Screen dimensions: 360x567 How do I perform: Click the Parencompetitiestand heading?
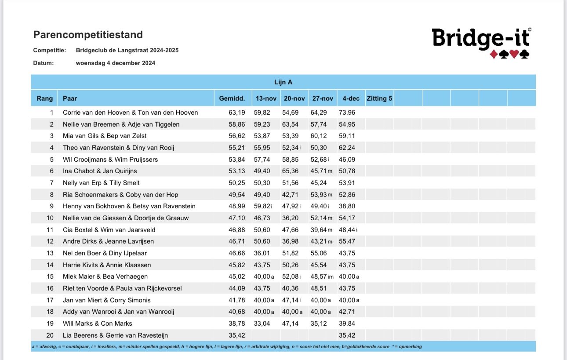pyautogui.click(x=88, y=35)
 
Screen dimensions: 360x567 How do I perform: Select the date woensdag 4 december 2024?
pyautogui.click(x=115, y=63)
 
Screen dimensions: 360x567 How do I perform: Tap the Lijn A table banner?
pyautogui.click(x=283, y=82)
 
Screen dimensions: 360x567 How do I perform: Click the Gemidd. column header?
pyautogui.click(x=232, y=98)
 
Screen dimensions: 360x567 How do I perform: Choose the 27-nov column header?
pyautogui.click(x=322, y=98)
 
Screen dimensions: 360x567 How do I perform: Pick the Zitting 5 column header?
pyautogui.click(x=379, y=98)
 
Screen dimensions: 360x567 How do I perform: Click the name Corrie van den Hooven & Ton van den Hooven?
pyautogui.click(x=130, y=113)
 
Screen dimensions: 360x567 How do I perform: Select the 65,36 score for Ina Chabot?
pyautogui.click(x=291, y=171)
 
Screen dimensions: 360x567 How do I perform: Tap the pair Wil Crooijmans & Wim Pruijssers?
pyautogui.click(x=110, y=159)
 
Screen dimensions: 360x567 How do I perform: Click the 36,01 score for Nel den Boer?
pyautogui.click(x=263, y=253)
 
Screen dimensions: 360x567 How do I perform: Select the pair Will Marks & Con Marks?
pyautogui.click(x=97, y=324)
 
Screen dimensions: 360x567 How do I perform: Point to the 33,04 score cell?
pyautogui.click(x=263, y=324)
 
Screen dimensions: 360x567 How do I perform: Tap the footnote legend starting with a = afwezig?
pyautogui.click(x=227, y=346)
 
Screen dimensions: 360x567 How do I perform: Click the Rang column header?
pyautogui.click(x=45, y=98)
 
